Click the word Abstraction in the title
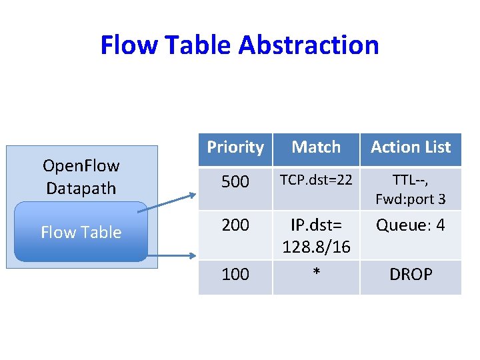[309, 45]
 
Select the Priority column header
[235, 147]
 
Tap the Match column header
[316, 147]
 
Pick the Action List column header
[411, 147]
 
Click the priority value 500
[235, 181]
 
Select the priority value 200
[235, 225]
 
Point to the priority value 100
[235, 274]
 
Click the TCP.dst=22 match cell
[316, 179]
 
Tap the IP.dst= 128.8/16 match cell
[316, 236]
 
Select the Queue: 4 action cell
[411, 225]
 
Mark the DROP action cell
[411, 274]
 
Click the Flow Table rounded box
[81, 232]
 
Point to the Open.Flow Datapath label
[81, 177]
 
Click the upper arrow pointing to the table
[167, 203]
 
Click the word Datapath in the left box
[81, 188]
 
